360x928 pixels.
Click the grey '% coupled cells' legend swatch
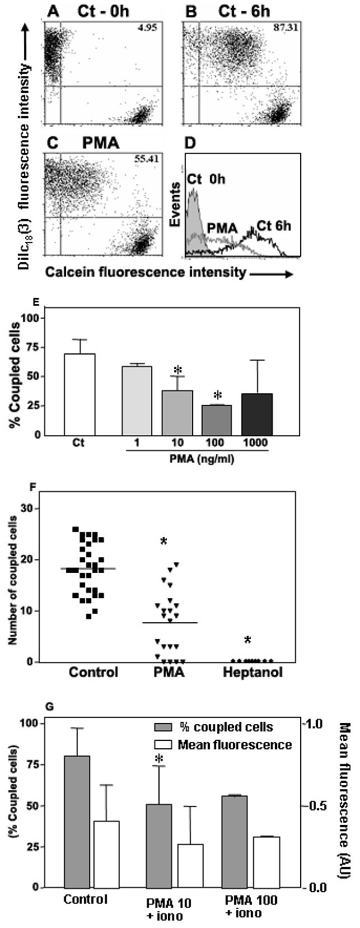(x=163, y=727)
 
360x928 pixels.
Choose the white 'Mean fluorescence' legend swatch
(x=163, y=745)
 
